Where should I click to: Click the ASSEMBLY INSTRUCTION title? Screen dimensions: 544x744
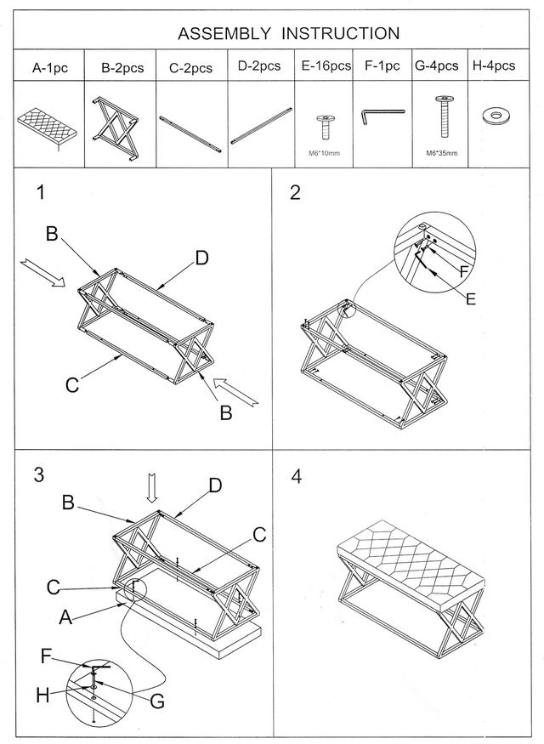click(x=288, y=34)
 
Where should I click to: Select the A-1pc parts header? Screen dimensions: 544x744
click(x=50, y=68)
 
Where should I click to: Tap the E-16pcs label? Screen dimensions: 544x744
click(x=326, y=65)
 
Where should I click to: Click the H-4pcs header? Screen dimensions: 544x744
click(x=493, y=65)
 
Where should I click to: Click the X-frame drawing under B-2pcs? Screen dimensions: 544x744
click(x=116, y=129)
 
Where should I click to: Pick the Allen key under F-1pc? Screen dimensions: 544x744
click(x=382, y=116)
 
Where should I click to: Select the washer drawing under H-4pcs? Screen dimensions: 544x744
click(x=496, y=116)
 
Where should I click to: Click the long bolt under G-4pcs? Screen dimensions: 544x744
click(x=445, y=116)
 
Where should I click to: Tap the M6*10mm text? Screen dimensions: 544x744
click(x=325, y=153)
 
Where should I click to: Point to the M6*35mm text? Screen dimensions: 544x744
click(x=441, y=153)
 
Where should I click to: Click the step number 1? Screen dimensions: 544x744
click(x=42, y=193)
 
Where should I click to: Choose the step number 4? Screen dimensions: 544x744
click(x=297, y=476)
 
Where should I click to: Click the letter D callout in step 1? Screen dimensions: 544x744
click(x=201, y=258)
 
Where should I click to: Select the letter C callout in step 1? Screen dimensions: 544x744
click(x=72, y=385)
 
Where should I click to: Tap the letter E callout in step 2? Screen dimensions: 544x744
click(x=470, y=299)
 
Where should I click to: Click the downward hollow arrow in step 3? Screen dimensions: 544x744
click(x=152, y=487)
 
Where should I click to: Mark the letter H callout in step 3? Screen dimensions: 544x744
click(x=42, y=696)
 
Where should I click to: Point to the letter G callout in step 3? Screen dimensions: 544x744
click(x=157, y=701)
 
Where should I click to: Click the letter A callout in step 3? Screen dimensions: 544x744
click(x=65, y=617)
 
